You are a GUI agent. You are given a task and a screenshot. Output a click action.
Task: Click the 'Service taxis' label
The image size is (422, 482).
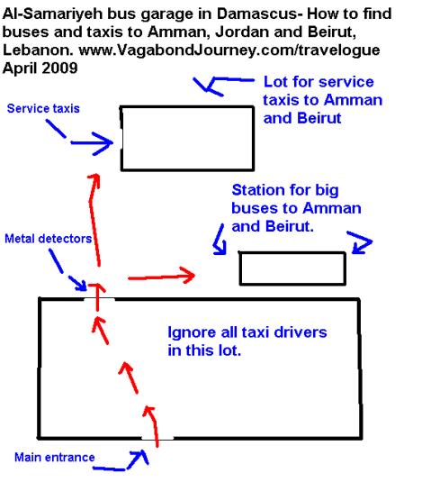[43, 108]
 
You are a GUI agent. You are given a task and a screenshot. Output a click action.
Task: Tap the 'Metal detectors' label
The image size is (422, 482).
[49, 239]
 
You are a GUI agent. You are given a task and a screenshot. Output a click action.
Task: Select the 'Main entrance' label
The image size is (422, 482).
[54, 458]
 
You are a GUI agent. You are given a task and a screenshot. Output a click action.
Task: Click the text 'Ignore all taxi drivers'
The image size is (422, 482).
[247, 332]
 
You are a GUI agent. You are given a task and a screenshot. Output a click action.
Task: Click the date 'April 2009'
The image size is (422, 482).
[40, 68]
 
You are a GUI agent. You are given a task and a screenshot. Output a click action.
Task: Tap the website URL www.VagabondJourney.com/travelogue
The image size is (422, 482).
[229, 50]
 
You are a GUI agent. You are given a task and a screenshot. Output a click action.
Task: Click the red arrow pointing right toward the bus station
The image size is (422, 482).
[161, 276]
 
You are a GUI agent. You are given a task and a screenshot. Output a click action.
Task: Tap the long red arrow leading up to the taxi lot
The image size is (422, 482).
[94, 220]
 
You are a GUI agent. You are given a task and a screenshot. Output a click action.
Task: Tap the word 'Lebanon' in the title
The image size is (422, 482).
[38, 50]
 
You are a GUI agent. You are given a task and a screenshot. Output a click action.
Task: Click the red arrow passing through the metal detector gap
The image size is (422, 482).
[97, 297]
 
